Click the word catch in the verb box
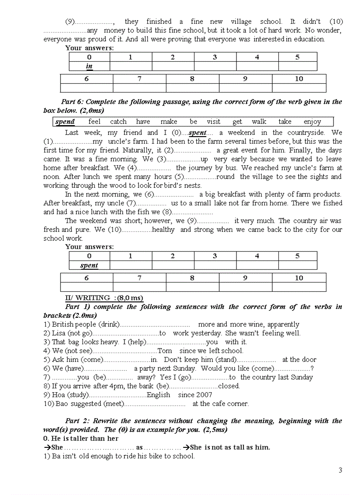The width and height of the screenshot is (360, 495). [118, 122]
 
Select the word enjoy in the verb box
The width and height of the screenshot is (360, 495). [312, 122]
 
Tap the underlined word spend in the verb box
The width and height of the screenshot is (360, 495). [65, 122]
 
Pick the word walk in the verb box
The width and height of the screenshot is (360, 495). [259, 122]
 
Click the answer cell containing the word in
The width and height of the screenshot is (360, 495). [89, 67]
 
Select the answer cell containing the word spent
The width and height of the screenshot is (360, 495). [89, 265]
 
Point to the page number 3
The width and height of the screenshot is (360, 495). [340, 470]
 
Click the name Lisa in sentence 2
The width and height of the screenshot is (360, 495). [59, 333]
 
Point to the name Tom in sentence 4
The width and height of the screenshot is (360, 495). [165, 351]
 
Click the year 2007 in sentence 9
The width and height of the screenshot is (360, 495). [203, 395]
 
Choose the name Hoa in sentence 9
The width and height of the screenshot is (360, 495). [59, 395]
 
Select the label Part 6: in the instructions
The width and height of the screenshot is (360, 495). [74, 102]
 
